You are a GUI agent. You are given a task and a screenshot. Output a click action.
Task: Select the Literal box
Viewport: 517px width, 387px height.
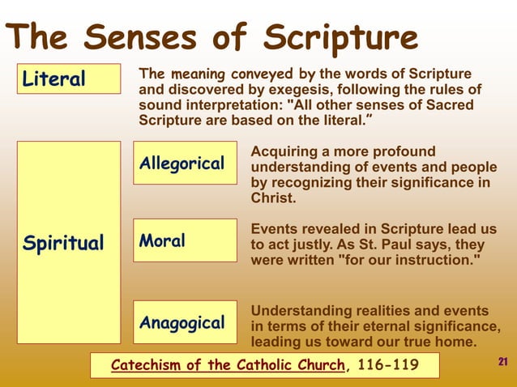pyautogui.click(x=69, y=79)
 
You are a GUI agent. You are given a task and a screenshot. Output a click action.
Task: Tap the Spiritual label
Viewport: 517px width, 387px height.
pyautogui.click(x=63, y=243)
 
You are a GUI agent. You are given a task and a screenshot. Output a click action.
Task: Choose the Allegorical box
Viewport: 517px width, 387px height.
pyautogui.click(x=185, y=164)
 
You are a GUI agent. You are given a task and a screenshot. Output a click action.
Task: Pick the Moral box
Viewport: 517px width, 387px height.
pyautogui.click(x=185, y=240)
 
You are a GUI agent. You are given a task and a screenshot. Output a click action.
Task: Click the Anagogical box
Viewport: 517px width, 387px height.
pyautogui.click(x=185, y=322)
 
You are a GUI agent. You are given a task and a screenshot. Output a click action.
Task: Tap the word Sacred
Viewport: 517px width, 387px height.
pyautogui.click(x=450, y=104)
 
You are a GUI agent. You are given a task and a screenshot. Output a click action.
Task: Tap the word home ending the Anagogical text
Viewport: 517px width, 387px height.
pyautogui.click(x=456, y=342)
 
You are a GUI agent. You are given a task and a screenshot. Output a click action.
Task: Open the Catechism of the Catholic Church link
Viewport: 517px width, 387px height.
pyautogui.click(x=227, y=365)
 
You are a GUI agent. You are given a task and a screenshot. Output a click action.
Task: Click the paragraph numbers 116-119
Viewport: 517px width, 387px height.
pyautogui.click(x=387, y=365)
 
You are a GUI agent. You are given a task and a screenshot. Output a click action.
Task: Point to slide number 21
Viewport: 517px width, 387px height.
pyautogui.click(x=502, y=361)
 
